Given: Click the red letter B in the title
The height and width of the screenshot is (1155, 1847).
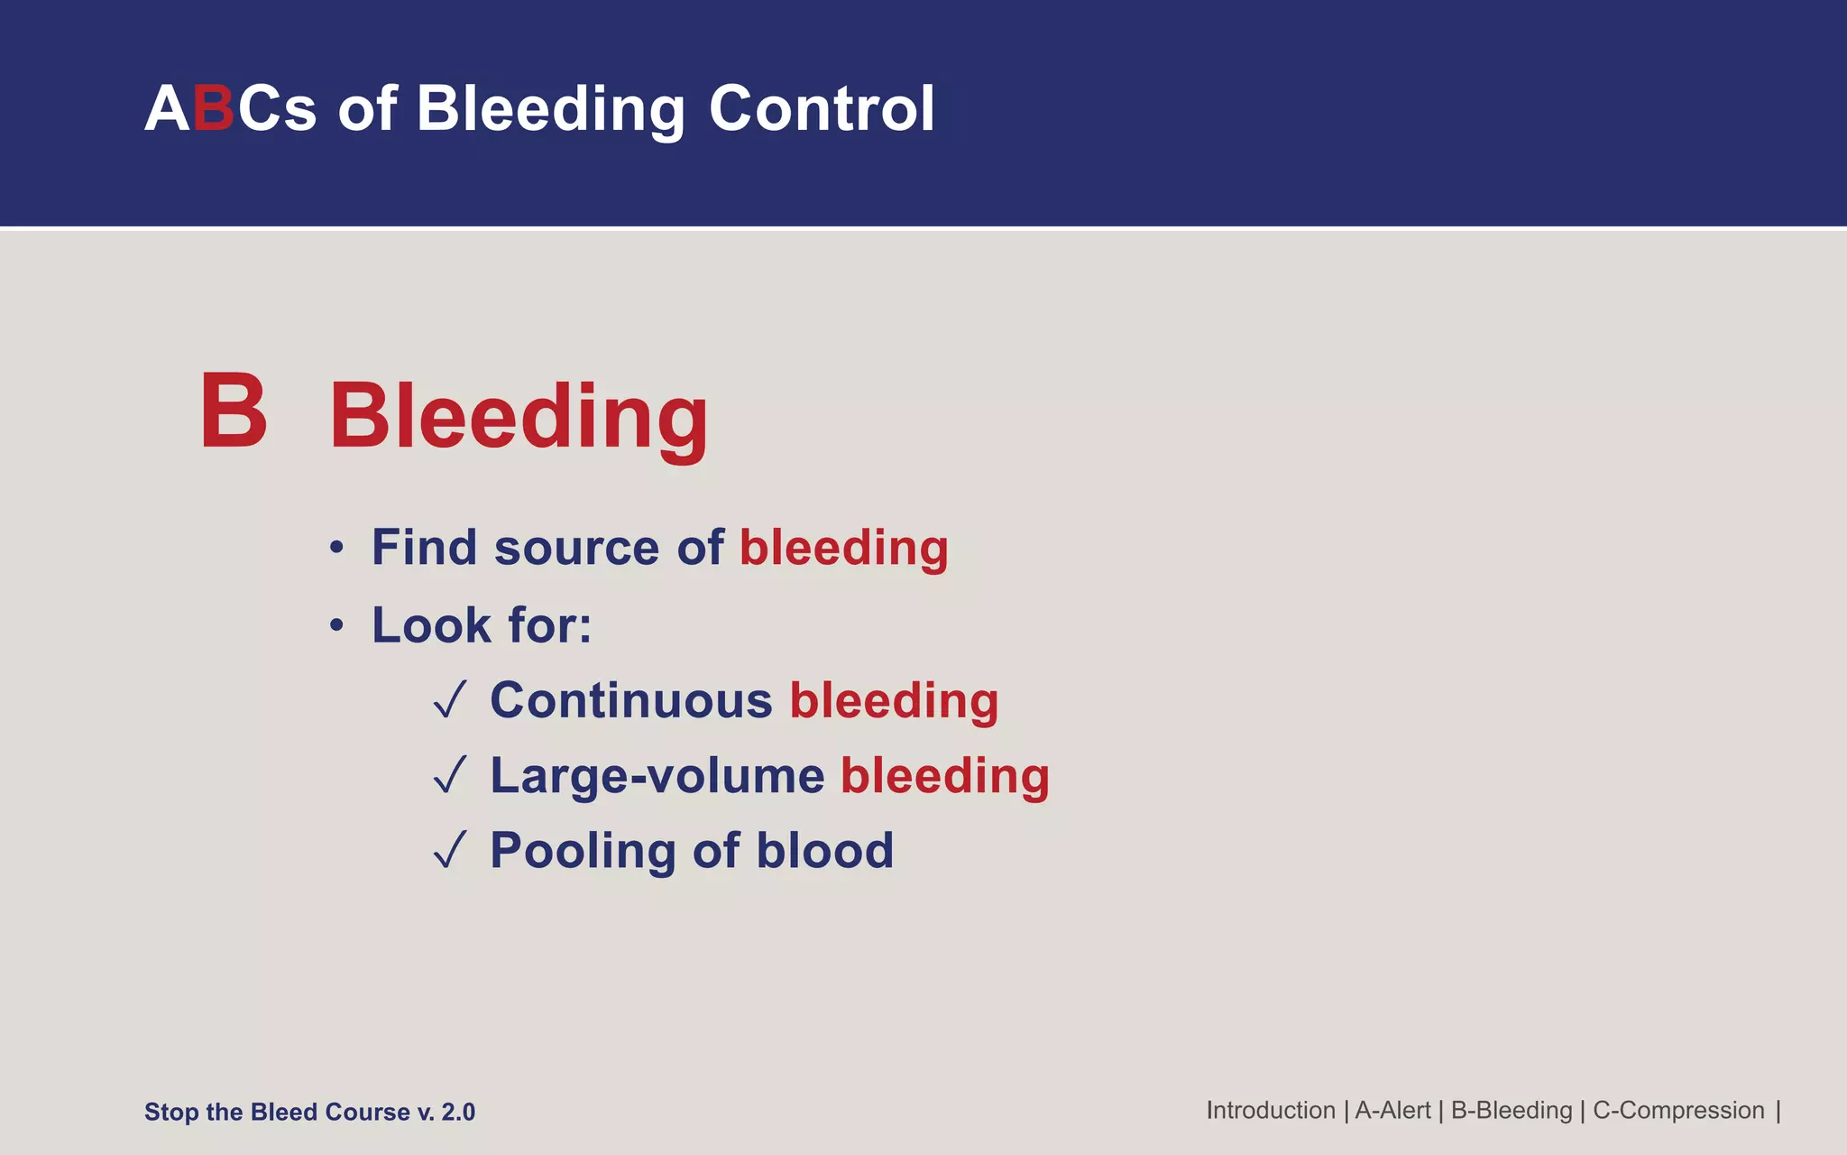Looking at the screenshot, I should pyautogui.click(x=214, y=109).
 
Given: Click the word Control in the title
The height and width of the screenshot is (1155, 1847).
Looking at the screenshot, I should pyautogui.click(x=822, y=109).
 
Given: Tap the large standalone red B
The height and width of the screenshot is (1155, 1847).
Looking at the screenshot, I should pyautogui.click(x=234, y=411).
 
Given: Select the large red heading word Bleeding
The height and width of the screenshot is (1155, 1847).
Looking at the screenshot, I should pyautogui.click(x=519, y=417).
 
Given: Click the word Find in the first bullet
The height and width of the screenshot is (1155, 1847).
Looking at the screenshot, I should pyautogui.click(x=424, y=548).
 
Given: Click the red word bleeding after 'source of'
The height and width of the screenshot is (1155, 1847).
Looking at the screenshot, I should pyautogui.click(x=843, y=549).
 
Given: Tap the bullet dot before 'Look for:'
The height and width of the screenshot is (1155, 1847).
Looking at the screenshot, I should pyautogui.click(x=336, y=625).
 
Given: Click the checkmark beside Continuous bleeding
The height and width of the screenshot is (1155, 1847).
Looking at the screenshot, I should pyautogui.click(x=450, y=700).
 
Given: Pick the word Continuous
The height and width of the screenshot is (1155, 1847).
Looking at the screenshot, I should pyautogui.click(x=630, y=701).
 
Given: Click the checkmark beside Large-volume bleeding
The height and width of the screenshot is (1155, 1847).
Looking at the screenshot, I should pyautogui.click(x=450, y=775).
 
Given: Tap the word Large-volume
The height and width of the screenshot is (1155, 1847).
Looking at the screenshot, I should pyautogui.click(x=657, y=776).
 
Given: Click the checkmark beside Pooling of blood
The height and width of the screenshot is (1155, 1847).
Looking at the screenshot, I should pyautogui.click(x=450, y=850).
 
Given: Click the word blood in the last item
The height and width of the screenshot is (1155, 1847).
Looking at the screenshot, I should pyautogui.click(x=824, y=851).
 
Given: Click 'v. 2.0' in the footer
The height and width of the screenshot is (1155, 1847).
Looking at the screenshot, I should pyautogui.click(x=446, y=1113).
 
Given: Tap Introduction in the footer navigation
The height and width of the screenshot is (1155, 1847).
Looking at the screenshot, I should pyautogui.click(x=1270, y=1111).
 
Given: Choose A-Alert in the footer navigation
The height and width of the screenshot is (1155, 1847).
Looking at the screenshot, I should pyautogui.click(x=1392, y=1111).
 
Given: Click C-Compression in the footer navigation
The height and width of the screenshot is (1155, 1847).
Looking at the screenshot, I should pyautogui.click(x=1678, y=1111).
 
